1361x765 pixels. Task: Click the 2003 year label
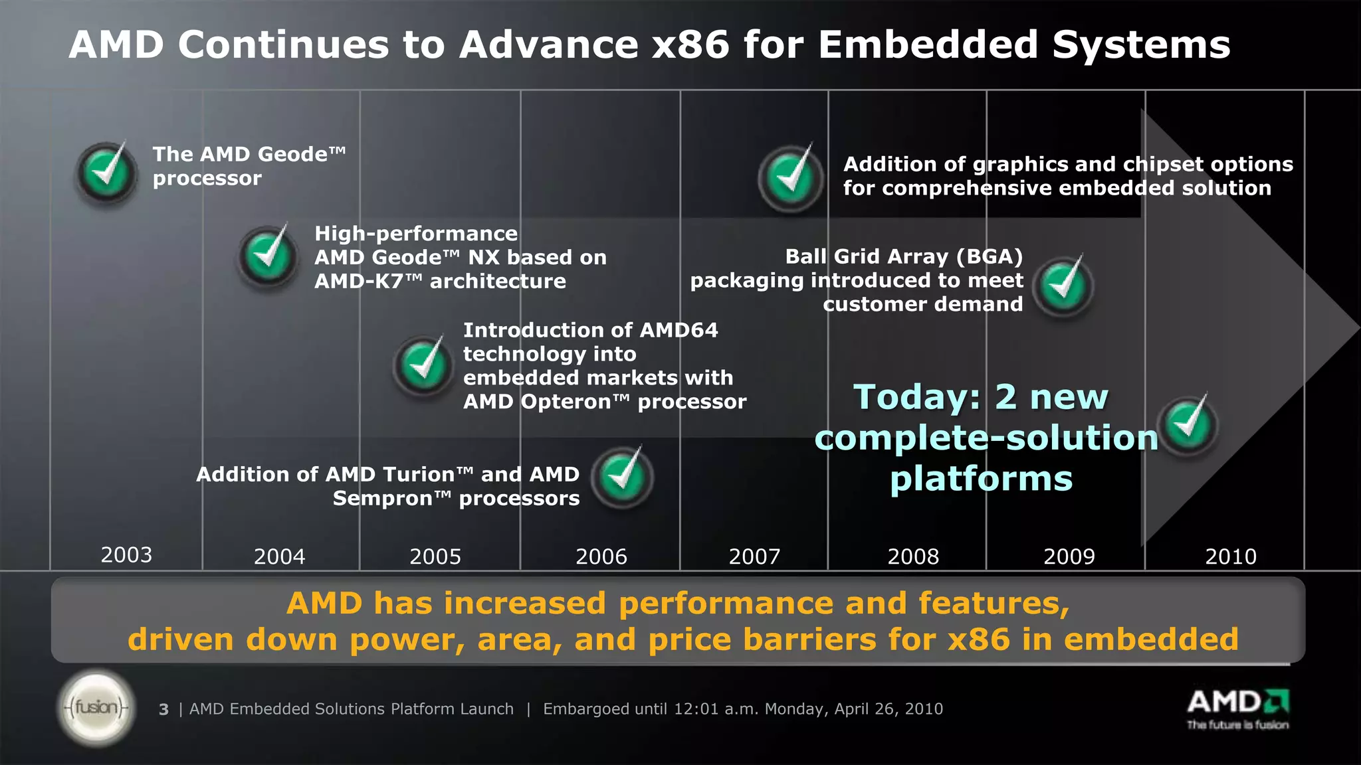(126, 554)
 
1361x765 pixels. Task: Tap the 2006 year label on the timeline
(601, 556)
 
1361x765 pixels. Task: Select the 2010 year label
(1231, 556)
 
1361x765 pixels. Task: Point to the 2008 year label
(913, 556)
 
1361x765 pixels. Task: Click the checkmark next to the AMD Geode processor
(107, 173)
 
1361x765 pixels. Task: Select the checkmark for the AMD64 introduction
(423, 365)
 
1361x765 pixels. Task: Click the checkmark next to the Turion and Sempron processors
(622, 477)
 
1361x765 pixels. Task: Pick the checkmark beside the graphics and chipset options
(790, 178)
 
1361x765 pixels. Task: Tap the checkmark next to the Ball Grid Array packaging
(1063, 286)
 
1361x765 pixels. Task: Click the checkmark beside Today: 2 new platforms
(1188, 425)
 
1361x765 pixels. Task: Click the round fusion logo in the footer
(97, 708)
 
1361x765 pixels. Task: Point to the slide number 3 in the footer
(163, 710)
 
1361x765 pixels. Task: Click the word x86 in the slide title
(690, 45)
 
